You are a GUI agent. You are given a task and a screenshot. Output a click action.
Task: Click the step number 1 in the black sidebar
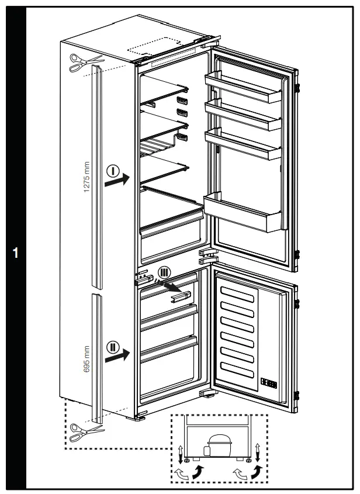[x=16, y=253]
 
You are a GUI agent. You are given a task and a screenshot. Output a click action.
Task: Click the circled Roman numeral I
[x=113, y=171]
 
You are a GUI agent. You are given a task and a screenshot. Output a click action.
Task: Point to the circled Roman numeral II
[x=113, y=347]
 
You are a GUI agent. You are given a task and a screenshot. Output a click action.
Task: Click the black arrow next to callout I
[x=117, y=182]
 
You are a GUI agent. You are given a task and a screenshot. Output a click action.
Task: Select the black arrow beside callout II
[x=117, y=355]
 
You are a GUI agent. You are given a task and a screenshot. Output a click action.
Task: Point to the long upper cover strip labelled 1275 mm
[x=96, y=175]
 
